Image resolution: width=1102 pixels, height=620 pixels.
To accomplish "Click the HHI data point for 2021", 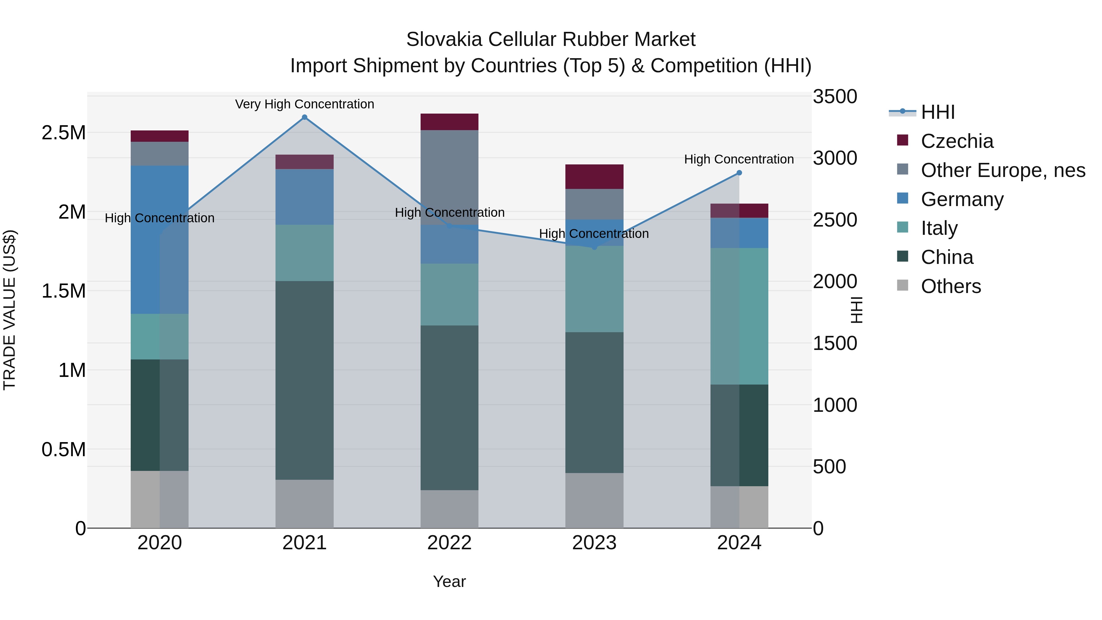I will [x=305, y=117].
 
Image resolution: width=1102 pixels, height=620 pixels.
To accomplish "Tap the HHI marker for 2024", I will [x=739, y=173].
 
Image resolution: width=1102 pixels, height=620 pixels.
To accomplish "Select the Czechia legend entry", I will [x=957, y=141].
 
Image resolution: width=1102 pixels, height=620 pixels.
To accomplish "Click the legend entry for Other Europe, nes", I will [x=1003, y=170].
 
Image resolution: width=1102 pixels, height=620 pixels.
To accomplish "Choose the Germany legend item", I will [x=962, y=199].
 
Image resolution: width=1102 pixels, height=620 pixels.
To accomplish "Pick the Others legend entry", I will [x=950, y=286].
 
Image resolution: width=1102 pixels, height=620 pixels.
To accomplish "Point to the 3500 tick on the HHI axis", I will [x=835, y=97].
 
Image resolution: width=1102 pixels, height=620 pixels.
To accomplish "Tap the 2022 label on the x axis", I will [x=449, y=543].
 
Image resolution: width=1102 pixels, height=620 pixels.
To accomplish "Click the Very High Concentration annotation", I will [x=305, y=104].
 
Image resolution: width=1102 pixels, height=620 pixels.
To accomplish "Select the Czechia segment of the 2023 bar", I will [x=594, y=176].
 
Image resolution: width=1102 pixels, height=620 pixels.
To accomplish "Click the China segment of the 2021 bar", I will [x=305, y=380].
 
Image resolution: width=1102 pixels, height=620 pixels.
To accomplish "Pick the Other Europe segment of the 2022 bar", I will [x=449, y=177].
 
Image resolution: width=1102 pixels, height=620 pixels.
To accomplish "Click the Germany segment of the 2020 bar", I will [x=159, y=240].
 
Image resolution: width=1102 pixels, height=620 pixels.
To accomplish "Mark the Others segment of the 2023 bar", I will [x=594, y=500].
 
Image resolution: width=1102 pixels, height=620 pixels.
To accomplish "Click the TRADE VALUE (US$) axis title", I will [x=9, y=310].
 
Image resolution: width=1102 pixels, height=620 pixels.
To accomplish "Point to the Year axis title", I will [x=449, y=581].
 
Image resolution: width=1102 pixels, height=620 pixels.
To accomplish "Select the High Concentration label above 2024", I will [x=739, y=159].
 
